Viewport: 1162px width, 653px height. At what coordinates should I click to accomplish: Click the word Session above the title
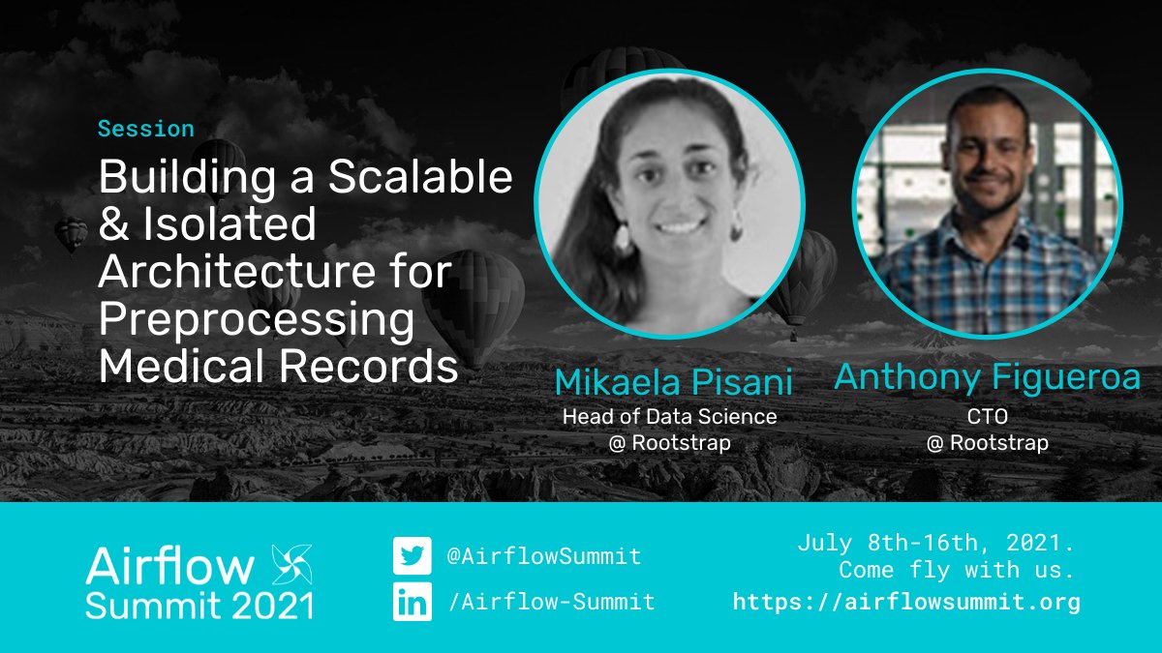[145, 129]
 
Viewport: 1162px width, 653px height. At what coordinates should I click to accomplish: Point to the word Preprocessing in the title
[256, 320]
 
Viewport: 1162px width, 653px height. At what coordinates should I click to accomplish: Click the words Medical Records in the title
[279, 367]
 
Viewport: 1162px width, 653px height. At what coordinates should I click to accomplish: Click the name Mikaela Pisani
[673, 382]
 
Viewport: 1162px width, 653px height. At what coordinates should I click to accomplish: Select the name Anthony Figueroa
[988, 377]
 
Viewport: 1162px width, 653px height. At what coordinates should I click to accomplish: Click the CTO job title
[988, 417]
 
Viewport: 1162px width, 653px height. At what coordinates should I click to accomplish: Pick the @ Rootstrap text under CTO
[988, 443]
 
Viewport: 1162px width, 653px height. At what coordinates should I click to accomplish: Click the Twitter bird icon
[412, 556]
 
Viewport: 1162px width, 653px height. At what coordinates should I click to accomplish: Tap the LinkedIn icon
[412, 602]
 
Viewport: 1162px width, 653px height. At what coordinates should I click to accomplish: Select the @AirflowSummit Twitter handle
[543, 556]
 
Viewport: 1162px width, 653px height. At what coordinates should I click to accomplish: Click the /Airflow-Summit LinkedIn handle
[551, 602]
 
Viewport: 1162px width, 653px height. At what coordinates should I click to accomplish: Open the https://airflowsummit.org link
[906, 602]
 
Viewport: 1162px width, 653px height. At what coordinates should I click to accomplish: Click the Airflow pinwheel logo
[290, 563]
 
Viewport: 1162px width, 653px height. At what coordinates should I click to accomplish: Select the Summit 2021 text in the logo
[199, 606]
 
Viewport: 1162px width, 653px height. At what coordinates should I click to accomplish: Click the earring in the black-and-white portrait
[622, 240]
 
